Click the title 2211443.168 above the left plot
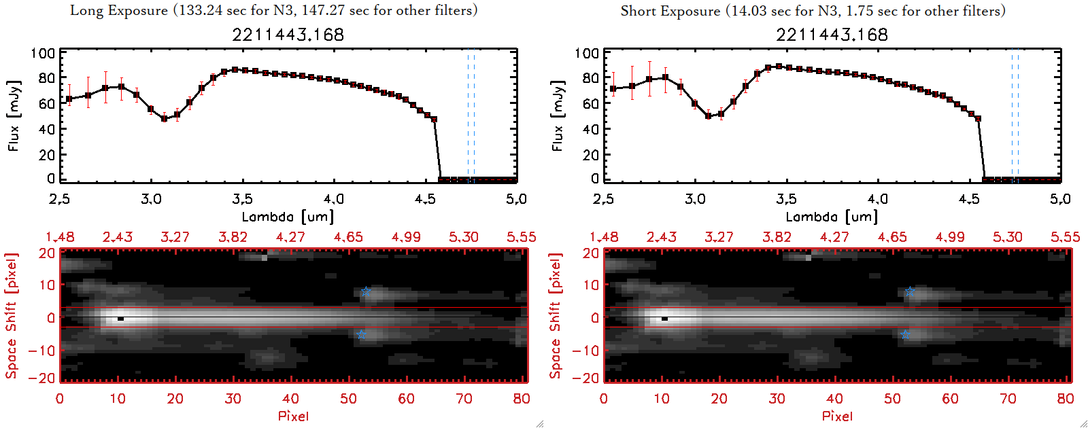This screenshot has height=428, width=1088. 288,35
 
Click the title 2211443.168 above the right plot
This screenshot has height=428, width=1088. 832,35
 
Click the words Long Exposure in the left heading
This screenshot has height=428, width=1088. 119,10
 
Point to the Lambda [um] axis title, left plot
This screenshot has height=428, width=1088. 288,217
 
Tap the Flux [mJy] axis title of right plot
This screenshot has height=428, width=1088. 558,116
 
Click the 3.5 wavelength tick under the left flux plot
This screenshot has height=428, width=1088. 242,199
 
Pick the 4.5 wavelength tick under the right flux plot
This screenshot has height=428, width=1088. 969,199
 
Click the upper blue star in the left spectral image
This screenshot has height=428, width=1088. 366,291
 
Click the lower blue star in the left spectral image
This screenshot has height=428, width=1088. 361,334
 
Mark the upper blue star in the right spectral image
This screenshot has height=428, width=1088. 910,291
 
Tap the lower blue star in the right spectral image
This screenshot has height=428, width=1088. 905,334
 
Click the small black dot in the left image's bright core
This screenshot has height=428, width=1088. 120,318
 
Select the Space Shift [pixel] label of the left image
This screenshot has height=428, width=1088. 11,316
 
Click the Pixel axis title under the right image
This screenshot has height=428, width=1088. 837,416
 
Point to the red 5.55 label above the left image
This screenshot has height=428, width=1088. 521,237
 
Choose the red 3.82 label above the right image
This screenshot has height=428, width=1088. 777,237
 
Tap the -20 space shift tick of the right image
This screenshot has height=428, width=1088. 585,378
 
